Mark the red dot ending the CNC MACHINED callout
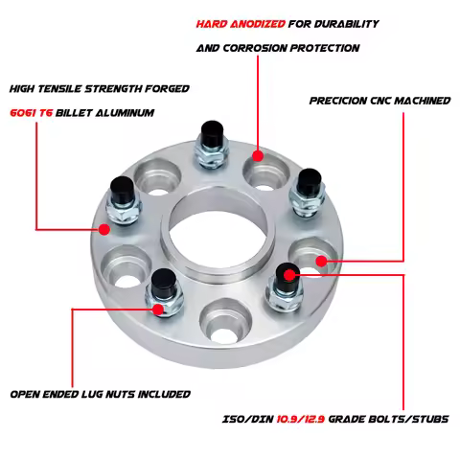321,259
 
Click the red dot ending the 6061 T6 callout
104,229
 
